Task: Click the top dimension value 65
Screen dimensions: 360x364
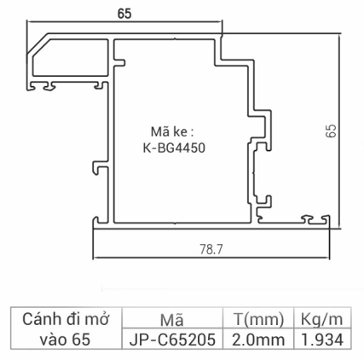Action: coord(124,14)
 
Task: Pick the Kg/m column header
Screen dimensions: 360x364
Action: coord(321,320)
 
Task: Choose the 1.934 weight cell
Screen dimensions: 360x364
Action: coord(321,340)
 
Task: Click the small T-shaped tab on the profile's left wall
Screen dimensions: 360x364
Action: coord(96,165)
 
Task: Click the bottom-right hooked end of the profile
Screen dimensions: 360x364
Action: coord(323,221)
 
